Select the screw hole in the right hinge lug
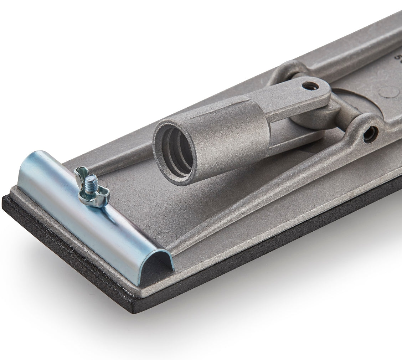pyautogui.click(x=370, y=133)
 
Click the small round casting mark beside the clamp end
pyautogui.click(x=164, y=236)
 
